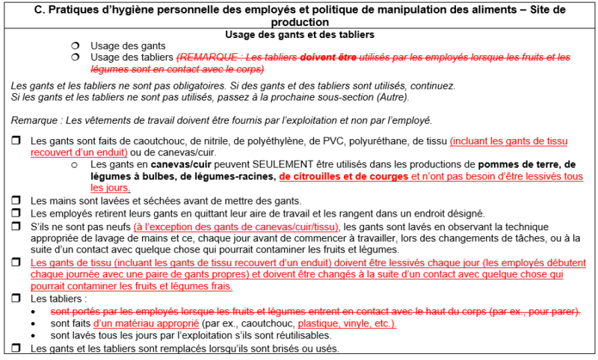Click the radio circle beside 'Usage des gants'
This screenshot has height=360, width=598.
pos(75,46)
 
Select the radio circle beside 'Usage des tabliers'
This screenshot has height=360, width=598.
pos(75,57)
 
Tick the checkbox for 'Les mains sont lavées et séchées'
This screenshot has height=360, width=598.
pos(16,201)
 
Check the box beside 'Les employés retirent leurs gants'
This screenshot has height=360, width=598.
pos(16,214)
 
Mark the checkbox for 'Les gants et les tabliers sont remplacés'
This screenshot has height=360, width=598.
pos(16,349)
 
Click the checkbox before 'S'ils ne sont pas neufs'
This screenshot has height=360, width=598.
pos(16,226)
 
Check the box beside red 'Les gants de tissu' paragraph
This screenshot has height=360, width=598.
pos(16,264)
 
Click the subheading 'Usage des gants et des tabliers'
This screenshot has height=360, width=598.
pos(299,34)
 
